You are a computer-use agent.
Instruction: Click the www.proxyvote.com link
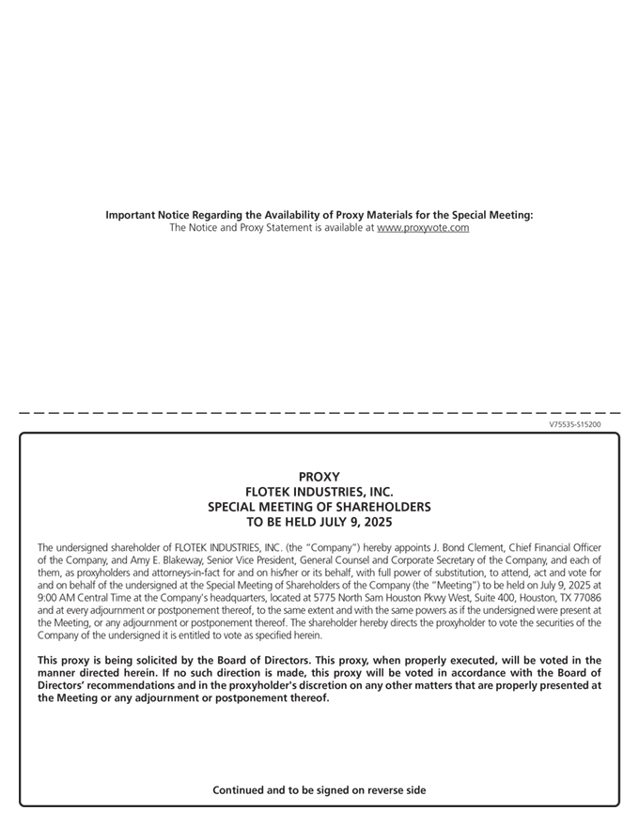click(423, 228)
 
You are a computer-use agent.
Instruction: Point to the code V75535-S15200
click(575, 424)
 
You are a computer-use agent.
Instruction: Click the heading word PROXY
click(319, 477)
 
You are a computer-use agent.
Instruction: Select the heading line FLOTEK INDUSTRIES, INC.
click(319, 492)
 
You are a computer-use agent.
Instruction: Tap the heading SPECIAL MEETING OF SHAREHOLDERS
click(319, 507)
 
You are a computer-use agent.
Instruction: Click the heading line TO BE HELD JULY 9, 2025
click(319, 522)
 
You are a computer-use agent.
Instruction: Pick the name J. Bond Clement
click(465, 547)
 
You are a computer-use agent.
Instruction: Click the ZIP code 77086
click(584, 597)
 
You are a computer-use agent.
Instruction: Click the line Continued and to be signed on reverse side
click(319, 790)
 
